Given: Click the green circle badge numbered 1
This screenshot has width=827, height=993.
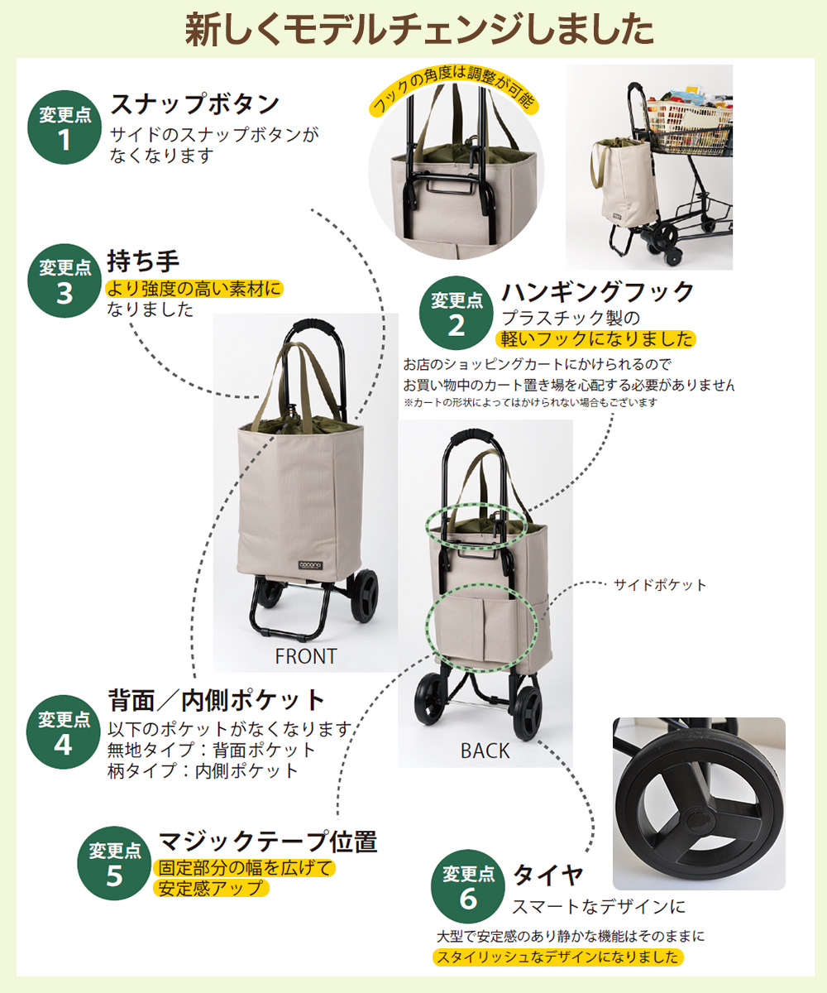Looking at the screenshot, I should coord(64,128).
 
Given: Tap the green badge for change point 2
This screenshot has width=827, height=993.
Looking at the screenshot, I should coord(456,314).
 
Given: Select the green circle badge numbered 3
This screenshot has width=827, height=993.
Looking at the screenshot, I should coord(64,281).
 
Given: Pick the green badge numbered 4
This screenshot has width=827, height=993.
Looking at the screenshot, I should coord(64,732).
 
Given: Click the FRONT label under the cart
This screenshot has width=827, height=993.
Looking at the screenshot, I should coord(305,656).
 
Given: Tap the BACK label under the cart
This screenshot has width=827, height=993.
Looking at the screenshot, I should coord(485,751).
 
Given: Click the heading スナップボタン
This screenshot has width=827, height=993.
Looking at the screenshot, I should coord(195,104).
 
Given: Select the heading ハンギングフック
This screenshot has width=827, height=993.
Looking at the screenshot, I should coord(597,292).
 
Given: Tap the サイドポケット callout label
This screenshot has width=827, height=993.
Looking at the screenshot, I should coord(660,585).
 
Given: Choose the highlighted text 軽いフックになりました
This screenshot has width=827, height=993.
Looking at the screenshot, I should coord(595,339).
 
